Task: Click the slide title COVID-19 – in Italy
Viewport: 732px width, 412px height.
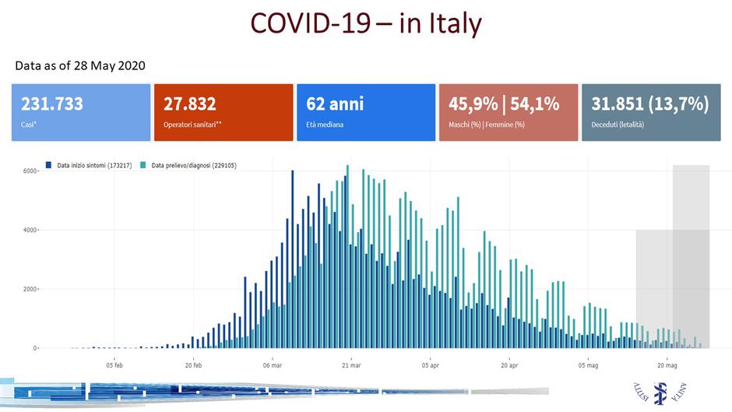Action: coord(365,23)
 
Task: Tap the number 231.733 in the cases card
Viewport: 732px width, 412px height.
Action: coord(52,104)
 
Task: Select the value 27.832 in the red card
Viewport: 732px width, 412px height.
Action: coord(190,104)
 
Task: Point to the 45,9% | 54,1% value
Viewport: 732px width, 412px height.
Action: coord(504,104)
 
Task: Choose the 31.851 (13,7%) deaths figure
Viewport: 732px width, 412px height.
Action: coord(649,104)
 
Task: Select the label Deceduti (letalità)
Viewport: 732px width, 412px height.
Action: coord(618,125)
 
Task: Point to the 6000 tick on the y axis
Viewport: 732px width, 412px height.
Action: coord(28,171)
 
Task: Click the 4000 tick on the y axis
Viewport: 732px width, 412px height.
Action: coord(28,230)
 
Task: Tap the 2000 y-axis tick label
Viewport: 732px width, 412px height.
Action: coord(28,289)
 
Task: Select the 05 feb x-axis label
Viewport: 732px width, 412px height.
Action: coord(114,364)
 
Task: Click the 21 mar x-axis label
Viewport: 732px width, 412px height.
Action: coord(351,364)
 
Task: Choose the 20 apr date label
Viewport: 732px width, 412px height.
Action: coord(509,364)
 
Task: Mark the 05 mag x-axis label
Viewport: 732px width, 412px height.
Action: coord(588,364)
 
